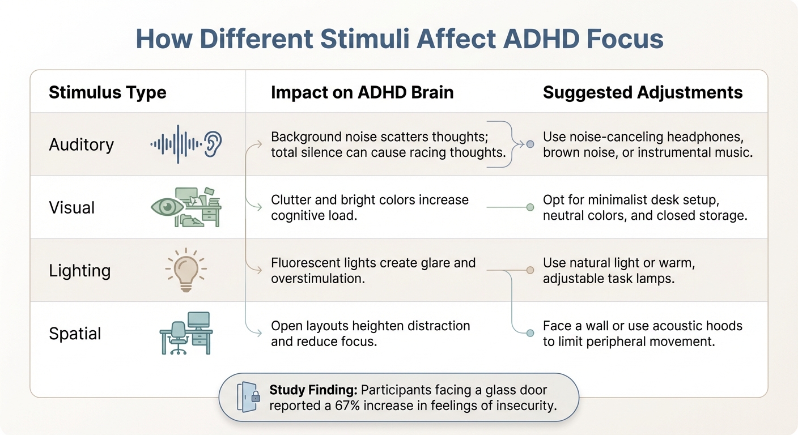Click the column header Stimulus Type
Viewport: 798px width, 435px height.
click(x=108, y=92)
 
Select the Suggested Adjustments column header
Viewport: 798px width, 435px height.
click(x=643, y=92)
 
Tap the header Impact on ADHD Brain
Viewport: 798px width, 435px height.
click(x=362, y=92)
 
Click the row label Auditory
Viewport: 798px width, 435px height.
click(x=82, y=145)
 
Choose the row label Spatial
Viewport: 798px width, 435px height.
click(x=75, y=334)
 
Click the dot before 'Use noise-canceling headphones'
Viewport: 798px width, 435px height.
click(x=530, y=144)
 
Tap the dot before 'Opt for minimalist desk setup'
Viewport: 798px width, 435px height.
click(x=530, y=207)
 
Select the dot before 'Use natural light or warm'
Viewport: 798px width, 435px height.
click(x=530, y=270)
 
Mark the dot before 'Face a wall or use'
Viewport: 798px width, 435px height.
click(x=530, y=333)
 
